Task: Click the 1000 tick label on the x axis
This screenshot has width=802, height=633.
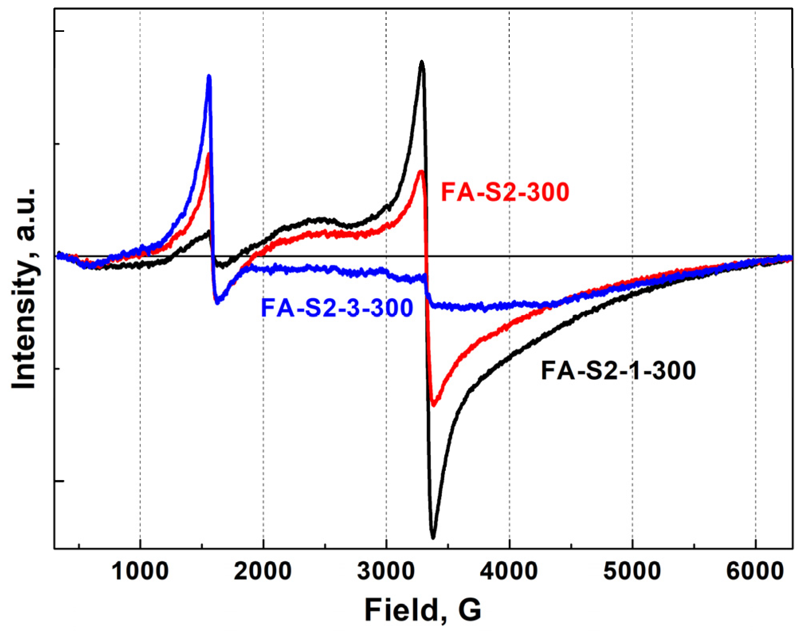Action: (x=140, y=572)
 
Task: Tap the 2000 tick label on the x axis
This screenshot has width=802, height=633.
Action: (x=263, y=572)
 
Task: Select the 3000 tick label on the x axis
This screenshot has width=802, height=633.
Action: (x=386, y=572)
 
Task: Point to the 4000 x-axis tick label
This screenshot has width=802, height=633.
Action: (x=509, y=572)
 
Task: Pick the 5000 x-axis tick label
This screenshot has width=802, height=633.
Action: (x=632, y=572)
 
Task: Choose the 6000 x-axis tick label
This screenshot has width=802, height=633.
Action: (x=755, y=572)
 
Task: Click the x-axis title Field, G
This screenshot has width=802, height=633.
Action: (x=423, y=610)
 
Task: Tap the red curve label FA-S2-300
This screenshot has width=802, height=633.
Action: (x=505, y=192)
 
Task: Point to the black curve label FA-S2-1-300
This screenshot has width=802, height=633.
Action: (x=618, y=371)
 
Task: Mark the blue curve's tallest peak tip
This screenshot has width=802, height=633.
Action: (x=209, y=76)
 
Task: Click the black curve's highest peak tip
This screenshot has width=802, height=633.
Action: (x=422, y=62)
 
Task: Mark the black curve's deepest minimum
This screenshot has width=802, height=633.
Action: (x=433, y=537)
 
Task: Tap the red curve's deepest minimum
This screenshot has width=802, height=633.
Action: (x=433, y=405)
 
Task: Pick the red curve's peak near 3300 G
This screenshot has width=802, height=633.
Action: (x=421, y=171)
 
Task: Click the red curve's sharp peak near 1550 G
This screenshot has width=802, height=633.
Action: (x=208, y=154)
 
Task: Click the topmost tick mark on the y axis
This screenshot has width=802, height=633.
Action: (x=59, y=31)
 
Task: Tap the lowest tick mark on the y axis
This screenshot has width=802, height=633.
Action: (x=59, y=481)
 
